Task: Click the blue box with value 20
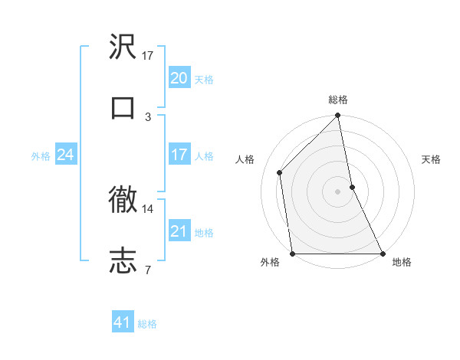pyautogui.click(x=179, y=77)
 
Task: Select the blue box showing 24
pyautogui.click(x=65, y=155)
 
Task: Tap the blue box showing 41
pyautogui.click(x=123, y=322)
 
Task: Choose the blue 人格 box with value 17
pyautogui.click(x=179, y=155)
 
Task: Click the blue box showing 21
pyautogui.click(x=179, y=231)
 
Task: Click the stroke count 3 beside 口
pyautogui.click(x=148, y=116)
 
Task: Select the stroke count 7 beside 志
pyautogui.click(x=148, y=269)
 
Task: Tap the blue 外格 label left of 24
pyautogui.click(x=41, y=155)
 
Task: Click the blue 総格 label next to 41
pyautogui.click(x=147, y=323)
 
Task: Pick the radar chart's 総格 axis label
pyautogui.click(x=338, y=100)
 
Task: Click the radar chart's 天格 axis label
pyautogui.click(x=432, y=159)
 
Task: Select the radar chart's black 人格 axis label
pyautogui.click(x=245, y=159)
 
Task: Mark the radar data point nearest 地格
pyautogui.click(x=383, y=253)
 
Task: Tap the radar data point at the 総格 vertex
pyautogui.click(x=338, y=116)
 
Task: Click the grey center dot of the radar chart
pyautogui.click(x=338, y=191)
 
